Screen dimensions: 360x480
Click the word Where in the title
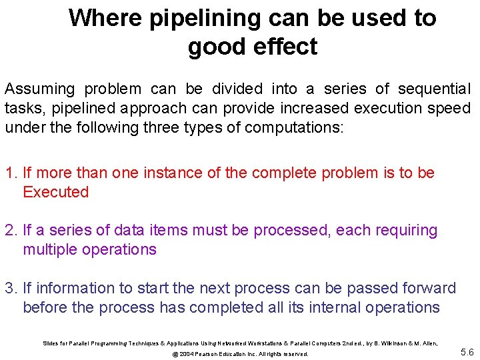point(105,18)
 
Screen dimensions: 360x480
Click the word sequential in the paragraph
point(434,89)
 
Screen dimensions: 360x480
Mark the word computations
point(299,127)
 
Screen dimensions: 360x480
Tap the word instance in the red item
point(169,173)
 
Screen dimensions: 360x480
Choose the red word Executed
point(55,192)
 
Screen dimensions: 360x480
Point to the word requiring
point(406,231)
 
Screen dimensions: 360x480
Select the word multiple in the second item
point(49,250)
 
